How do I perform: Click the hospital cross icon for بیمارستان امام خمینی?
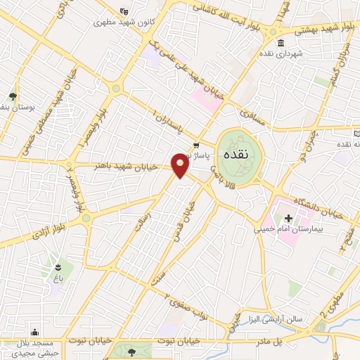click(288, 217)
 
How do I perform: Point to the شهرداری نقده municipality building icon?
click(281, 44)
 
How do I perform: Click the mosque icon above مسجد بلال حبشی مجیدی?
click(35, 333)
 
